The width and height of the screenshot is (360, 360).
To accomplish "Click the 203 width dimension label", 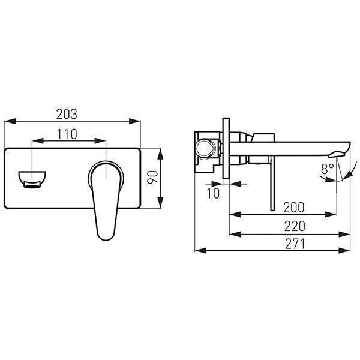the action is (x=67, y=114).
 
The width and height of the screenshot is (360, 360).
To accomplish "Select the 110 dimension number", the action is (x=67, y=134).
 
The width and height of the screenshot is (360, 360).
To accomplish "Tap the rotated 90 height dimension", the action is (x=153, y=177).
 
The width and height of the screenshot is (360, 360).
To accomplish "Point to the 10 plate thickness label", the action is (x=213, y=193).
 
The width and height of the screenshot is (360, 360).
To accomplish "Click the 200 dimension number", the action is (x=294, y=208).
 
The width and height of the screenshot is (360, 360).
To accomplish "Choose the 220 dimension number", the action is (x=295, y=226).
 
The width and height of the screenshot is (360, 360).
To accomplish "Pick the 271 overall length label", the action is (x=295, y=244).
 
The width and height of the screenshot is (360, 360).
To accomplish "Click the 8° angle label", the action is (x=328, y=169).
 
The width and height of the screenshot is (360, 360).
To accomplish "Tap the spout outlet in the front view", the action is (x=32, y=179).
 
